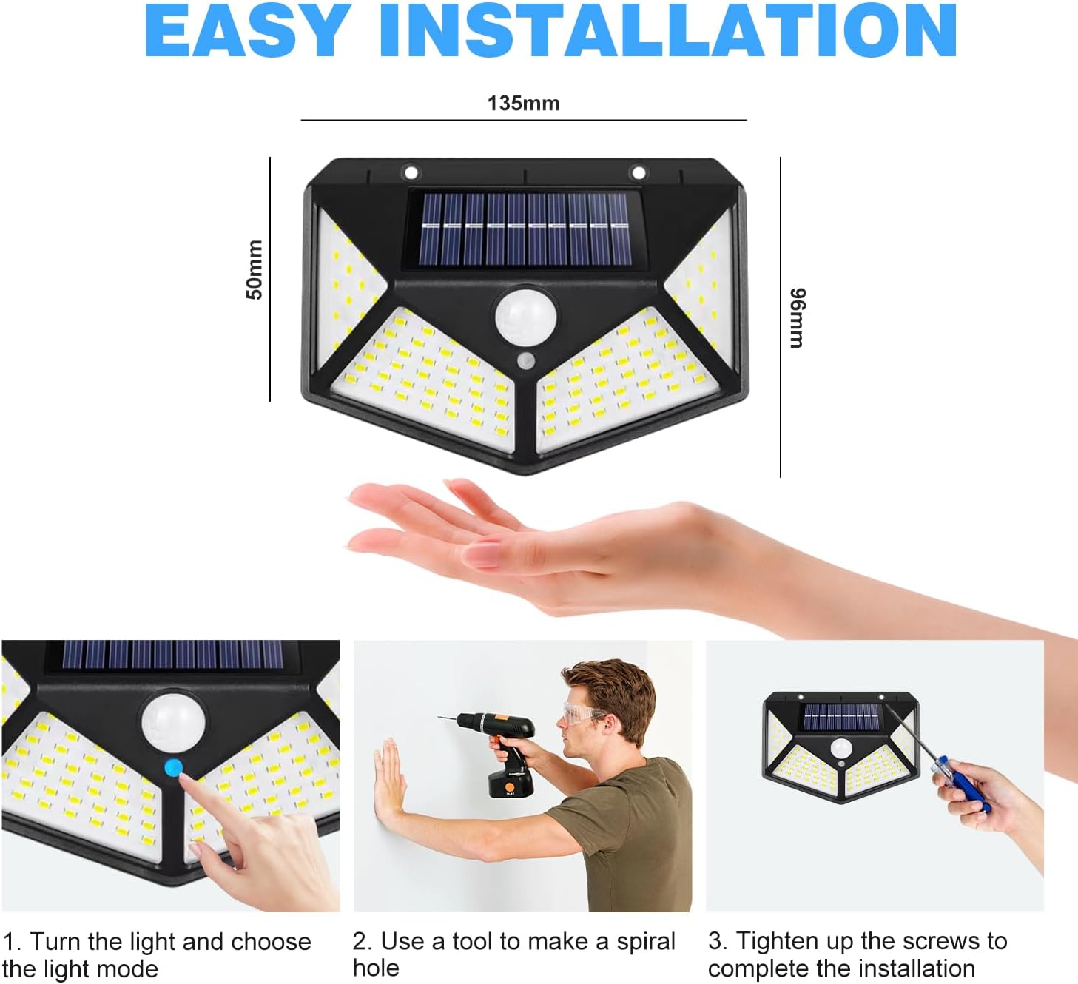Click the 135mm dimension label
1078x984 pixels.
[x=523, y=103]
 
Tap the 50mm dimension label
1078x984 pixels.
[x=255, y=269]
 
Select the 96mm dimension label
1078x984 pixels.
[x=798, y=317]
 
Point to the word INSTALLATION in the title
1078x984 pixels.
[x=668, y=30]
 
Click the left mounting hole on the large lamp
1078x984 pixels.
[x=411, y=173]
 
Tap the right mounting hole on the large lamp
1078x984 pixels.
[x=639, y=173]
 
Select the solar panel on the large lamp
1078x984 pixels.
[x=525, y=229]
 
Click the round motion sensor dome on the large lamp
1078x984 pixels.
[x=525, y=317]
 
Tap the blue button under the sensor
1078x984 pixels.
[x=174, y=767]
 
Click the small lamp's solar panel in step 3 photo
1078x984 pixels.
[x=841, y=717]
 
